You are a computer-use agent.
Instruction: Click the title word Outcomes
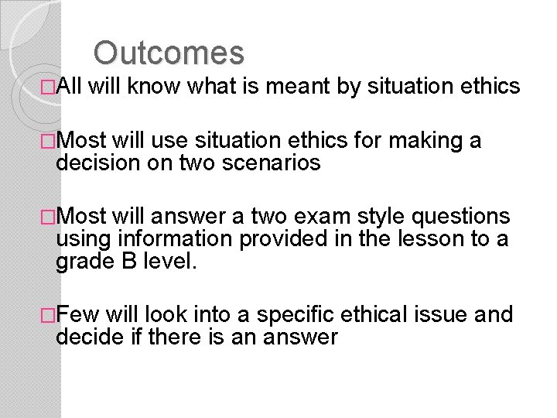(169, 53)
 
